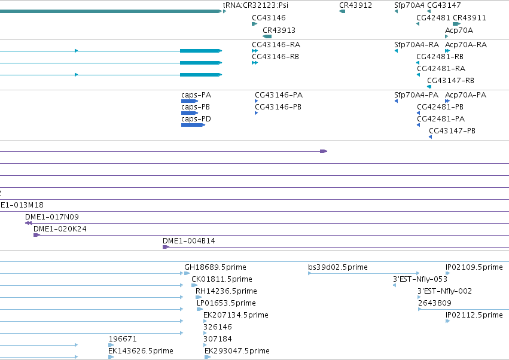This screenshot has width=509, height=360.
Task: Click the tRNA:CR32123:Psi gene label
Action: pyautogui.click(x=255, y=5)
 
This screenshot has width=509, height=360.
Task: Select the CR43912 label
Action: pyautogui.click(x=355, y=5)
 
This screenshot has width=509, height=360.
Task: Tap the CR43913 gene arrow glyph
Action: pyautogui.click(x=267, y=36)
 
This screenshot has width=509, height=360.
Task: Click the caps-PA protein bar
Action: pyautogui.click(x=190, y=101)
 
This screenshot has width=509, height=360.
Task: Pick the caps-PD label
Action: pyautogui.click(x=196, y=119)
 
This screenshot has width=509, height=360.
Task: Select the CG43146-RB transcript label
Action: pyautogui.click(x=275, y=56)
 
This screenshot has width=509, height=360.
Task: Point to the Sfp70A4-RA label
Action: pyautogui.click(x=416, y=44)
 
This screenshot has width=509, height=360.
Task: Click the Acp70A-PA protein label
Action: pyautogui.click(x=465, y=95)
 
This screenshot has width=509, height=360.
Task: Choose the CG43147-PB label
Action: pyautogui.click(x=452, y=131)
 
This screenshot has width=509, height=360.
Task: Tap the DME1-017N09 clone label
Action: pyautogui.click(x=52, y=217)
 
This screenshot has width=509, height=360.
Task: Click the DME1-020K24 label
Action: pyautogui.click(x=60, y=229)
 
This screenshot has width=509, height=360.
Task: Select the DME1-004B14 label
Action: pyautogui.click(x=189, y=241)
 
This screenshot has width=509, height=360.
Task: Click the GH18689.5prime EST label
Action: pyautogui.click(x=215, y=267)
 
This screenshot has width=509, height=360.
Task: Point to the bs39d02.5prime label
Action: pyautogui.click(x=338, y=267)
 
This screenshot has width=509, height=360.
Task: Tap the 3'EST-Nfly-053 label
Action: pyautogui.click(x=420, y=279)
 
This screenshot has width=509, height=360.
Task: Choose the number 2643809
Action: pyautogui.click(x=435, y=303)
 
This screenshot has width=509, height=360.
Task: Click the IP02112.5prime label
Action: pyautogui.click(x=474, y=315)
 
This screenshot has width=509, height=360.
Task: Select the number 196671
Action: pyautogui.click(x=123, y=339)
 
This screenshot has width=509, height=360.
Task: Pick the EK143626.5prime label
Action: pyautogui.click(x=141, y=351)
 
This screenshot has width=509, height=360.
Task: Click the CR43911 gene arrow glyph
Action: pyautogui.click(x=457, y=24)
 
